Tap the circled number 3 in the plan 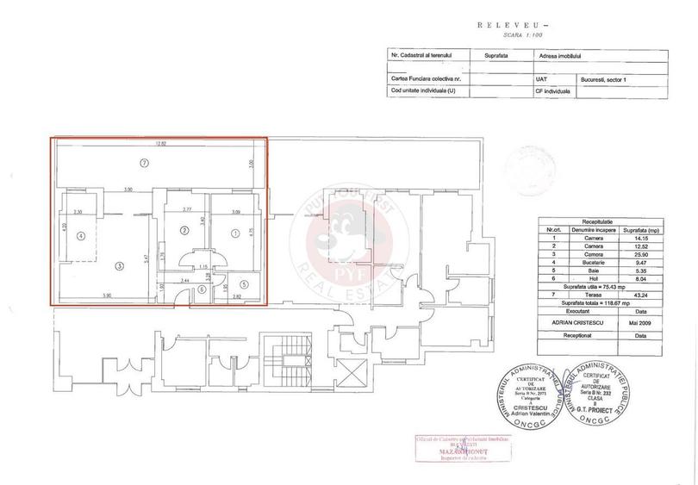point(120,265)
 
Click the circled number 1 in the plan point(234,230)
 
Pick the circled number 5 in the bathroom point(244,284)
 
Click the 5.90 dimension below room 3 point(105,297)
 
